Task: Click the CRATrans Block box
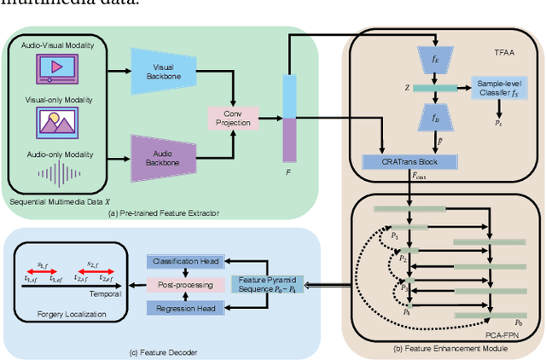point(410,160)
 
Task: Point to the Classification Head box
point(184,261)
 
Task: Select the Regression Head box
point(184,307)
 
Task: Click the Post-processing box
point(184,284)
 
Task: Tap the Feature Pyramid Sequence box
point(266,284)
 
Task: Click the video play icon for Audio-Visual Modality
point(57,70)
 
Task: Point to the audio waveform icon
point(57,175)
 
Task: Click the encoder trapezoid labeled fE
point(435,59)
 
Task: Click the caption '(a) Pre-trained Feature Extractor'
point(162,212)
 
